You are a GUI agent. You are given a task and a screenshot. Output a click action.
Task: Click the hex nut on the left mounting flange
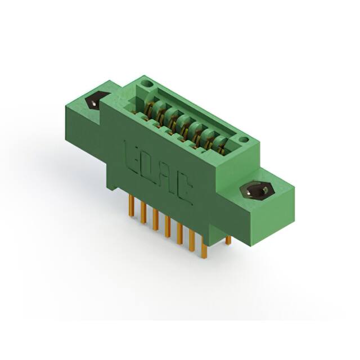pyautogui.click(x=97, y=101)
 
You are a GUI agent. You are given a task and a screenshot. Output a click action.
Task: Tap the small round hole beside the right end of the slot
pyautogui.click(x=244, y=139)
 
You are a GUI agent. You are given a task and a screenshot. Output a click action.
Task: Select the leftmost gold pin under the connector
pyautogui.click(x=131, y=205)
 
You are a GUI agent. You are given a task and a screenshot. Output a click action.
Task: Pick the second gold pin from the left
pyautogui.click(x=143, y=213)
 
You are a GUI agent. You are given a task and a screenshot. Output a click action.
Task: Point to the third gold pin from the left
pyautogui.click(x=155, y=220)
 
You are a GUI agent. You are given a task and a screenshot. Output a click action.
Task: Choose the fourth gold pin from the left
pyautogui.click(x=168, y=227)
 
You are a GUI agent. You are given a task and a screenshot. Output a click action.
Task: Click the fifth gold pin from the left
pyautogui.click(x=179, y=234)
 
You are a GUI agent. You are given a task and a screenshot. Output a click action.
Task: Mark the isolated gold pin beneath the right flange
pyautogui.click(x=228, y=240)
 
